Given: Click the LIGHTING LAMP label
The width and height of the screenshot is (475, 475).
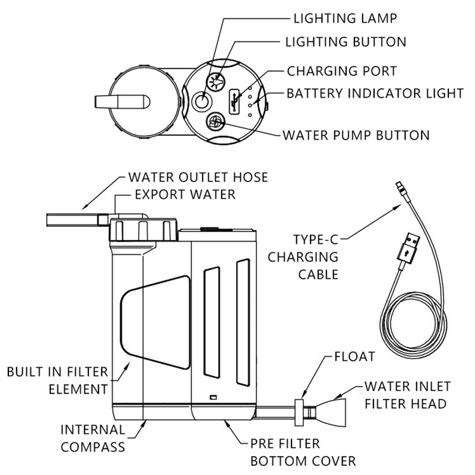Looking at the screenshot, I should pos(345,18).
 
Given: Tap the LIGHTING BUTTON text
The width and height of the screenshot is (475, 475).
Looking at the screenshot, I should pos(346,42).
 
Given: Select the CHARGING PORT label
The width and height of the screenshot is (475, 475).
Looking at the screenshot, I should pos(341,71).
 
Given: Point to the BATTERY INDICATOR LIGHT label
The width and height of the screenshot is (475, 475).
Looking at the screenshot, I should pos(374,94).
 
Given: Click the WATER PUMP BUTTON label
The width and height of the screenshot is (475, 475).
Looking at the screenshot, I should pos(356,135).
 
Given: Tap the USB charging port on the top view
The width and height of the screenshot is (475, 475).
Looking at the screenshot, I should pos(234,102).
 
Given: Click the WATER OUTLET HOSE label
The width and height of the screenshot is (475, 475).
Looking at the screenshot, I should pos(198,177).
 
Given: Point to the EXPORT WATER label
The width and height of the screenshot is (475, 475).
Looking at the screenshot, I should pos(185,194).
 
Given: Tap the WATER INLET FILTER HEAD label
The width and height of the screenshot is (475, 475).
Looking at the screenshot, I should pos(405,395).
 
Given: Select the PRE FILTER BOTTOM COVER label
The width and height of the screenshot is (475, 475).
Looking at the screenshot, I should pos(303,452).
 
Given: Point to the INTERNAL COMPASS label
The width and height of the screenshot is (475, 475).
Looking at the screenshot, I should pos(92,437).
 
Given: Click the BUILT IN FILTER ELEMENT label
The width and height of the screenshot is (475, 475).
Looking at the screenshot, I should pos(58,381).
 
